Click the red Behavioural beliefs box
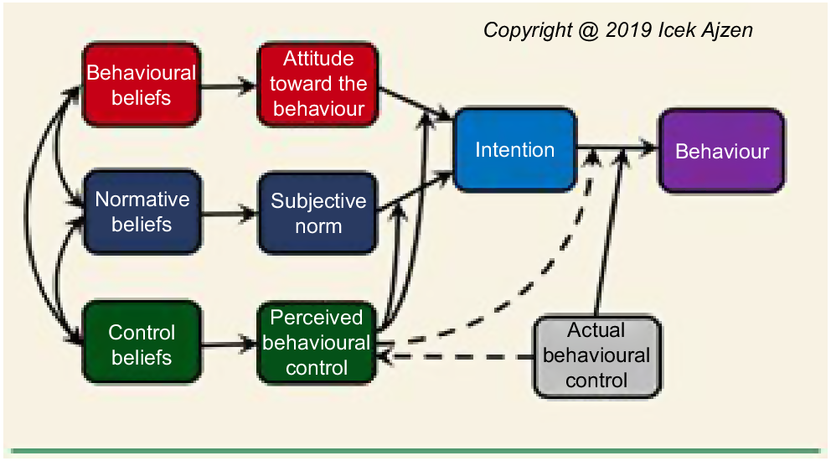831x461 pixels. pyautogui.click(x=142, y=85)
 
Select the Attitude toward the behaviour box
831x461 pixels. pyautogui.click(x=318, y=85)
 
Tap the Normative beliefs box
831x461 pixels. pyautogui.click(x=142, y=212)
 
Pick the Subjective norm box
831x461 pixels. pyautogui.click(x=318, y=213)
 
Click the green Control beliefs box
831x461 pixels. pyautogui.click(x=142, y=343)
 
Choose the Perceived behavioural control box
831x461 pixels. pyautogui.click(x=317, y=343)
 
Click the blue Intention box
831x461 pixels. pyautogui.click(x=515, y=149)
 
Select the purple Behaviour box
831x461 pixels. pyautogui.click(x=722, y=151)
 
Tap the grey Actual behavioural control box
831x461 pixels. pyautogui.click(x=597, y=356)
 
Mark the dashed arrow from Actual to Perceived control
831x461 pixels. pyautogui.click(x=456, y=357)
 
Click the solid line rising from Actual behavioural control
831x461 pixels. pyautogui.click(x=611, y=232)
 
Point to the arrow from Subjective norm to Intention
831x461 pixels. pyautogui.click(x=415, y=192)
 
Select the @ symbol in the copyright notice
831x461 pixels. pyautogui.click(x=588, y=31)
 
